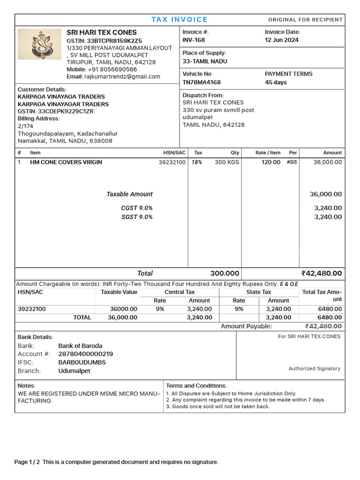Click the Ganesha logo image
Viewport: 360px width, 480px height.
click(x=39, y=44)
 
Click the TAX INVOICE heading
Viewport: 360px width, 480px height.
click(x=180, y=20)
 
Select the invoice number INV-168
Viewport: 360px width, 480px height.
click(x=194, y=40)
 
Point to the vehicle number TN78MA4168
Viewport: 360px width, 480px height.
click(x=202, y=82)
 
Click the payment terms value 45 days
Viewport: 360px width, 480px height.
click(x=276, y=82)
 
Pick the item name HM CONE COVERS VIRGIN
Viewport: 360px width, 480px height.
click(x=66, y=162)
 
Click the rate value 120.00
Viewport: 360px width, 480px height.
click(x=271, y=162)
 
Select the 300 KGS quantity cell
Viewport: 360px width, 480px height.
click(x=227, y=162)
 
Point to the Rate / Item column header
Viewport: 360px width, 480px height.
click(x=268, y=153)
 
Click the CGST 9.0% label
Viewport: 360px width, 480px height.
click(x=136, y=208)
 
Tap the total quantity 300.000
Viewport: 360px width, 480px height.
click(x=225, y=273)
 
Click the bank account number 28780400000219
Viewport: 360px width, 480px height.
click(x=85, y=354)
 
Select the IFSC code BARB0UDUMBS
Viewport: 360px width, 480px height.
click(x=82, y=362)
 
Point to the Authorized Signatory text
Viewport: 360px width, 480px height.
click(x=314, y=369)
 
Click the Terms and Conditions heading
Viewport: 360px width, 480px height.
click(x=196, y=385)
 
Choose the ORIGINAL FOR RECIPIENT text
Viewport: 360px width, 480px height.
click(x=305, y=20)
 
